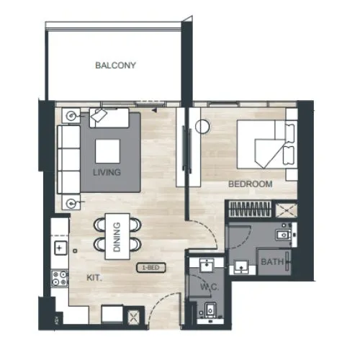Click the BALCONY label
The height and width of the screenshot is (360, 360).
115,66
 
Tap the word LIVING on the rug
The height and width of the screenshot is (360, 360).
107,173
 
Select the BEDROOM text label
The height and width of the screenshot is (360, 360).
250,184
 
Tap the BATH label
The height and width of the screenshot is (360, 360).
271,262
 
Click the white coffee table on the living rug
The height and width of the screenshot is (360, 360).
107,150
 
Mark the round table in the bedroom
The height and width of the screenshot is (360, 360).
204,127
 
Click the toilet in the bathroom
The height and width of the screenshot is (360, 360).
282,233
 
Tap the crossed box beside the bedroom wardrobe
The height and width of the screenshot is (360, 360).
287,210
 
